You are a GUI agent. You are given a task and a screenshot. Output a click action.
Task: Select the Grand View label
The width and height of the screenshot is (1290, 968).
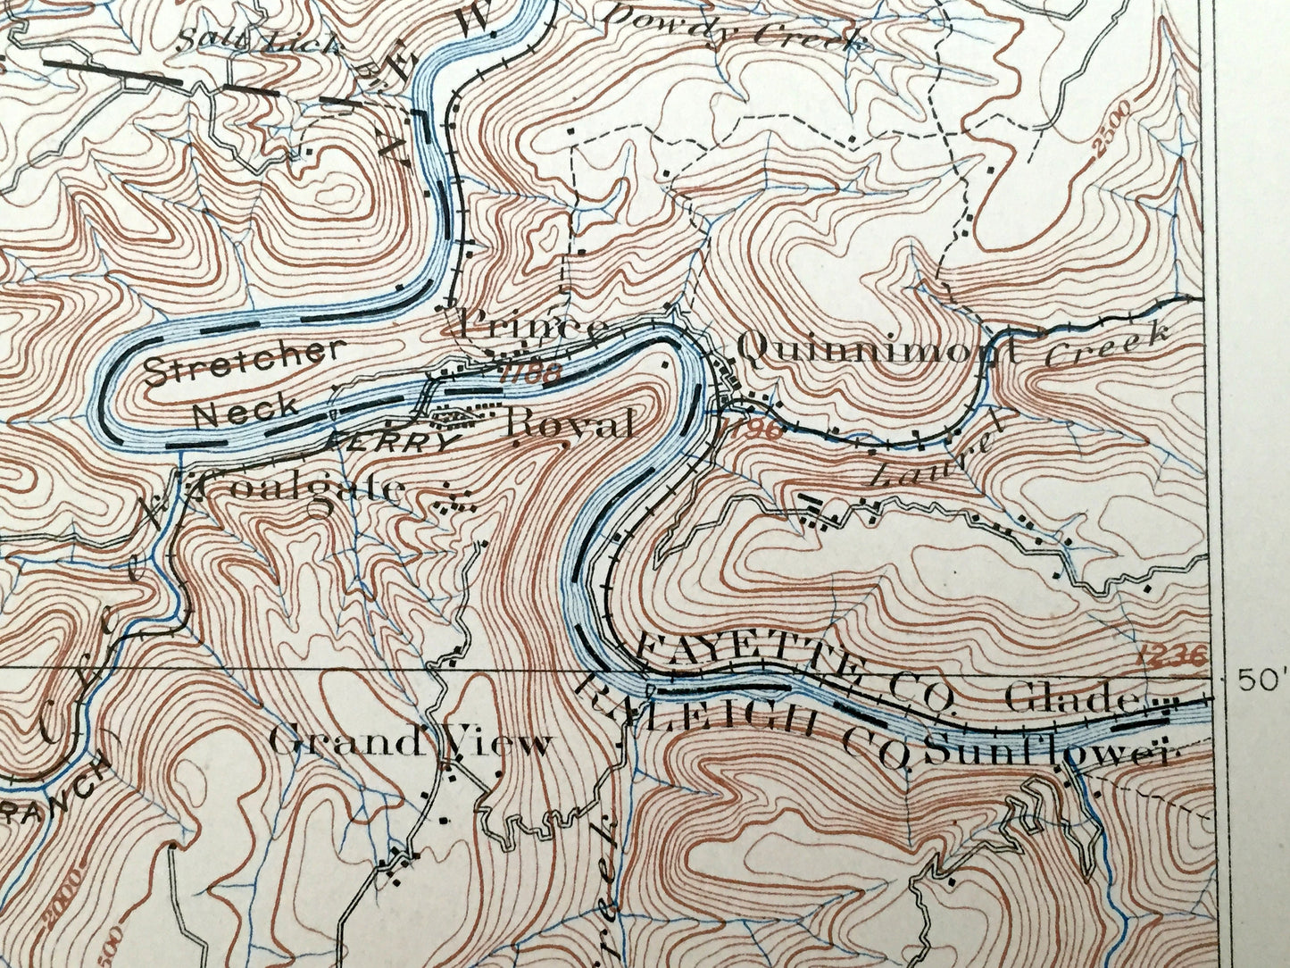[410, 743]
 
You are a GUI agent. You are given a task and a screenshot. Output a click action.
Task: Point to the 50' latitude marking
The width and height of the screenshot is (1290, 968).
[1261, 680]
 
